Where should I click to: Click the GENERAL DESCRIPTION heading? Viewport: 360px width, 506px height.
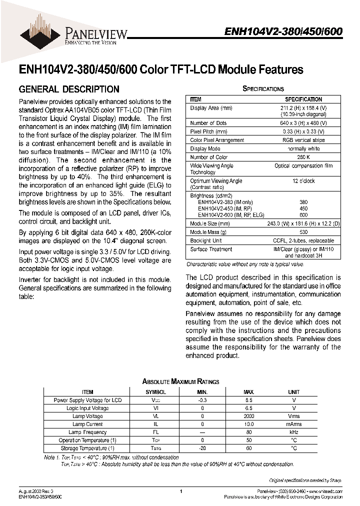coord(68,89)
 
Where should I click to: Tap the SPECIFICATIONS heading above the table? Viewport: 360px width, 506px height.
coord(263,88)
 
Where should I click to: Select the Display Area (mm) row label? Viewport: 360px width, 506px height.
coord(211,107)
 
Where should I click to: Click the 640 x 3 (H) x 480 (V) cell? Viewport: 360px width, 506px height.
coord(303,123)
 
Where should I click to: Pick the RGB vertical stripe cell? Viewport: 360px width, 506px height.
coord(303,140)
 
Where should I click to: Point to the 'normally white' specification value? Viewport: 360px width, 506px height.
coord(303,149)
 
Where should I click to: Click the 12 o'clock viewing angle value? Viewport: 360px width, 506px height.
coord(303,181)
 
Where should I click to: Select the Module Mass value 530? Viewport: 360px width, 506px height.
coord(303,232)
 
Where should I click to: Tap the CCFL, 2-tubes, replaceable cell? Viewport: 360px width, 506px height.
coord(303,241)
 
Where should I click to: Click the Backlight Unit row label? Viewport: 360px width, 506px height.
coord(206,241)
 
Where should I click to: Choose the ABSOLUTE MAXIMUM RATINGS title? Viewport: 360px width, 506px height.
coord(180,381)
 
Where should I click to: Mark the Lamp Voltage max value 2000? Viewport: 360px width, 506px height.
coord(248,416)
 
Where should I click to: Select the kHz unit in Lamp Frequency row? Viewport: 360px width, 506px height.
coord(294,432)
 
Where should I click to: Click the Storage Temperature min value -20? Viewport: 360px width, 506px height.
coord(202,448)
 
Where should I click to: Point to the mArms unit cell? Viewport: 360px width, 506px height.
coord(294,424)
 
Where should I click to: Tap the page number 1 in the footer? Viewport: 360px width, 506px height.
coord(180,491)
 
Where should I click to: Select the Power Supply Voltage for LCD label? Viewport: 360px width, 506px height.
coord(87,400)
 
